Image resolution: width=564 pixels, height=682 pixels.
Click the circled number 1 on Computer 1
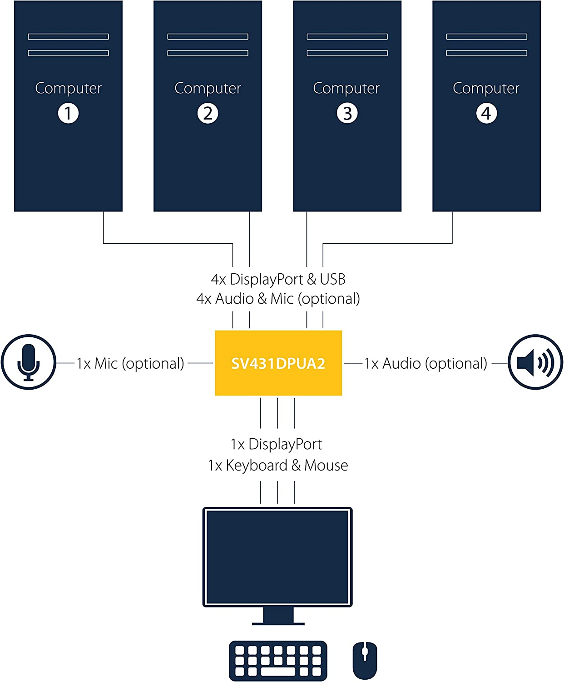(x=68, y=113)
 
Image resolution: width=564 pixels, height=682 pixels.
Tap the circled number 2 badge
(x=208, y=113)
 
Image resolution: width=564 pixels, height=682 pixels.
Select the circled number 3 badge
(x=347, y=113)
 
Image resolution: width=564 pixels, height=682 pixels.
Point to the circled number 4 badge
(x=486, y=113)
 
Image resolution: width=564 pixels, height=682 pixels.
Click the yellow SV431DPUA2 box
(x=278, y=363)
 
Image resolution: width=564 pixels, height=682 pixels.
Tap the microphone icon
(x=28, y=362)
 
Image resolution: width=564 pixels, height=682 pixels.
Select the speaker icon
(x=535, y=362)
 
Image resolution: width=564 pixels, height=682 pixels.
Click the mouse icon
(x=365, y=660)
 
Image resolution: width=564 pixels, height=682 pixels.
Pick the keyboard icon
(x=278, y=661)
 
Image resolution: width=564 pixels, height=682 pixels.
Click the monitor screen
(x=277, y=557)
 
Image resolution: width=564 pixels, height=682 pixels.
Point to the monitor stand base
(x=278, y=623)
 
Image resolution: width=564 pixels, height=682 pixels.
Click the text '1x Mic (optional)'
(x=130, y=363)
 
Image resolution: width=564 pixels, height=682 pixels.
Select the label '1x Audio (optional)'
(x=425, y=363)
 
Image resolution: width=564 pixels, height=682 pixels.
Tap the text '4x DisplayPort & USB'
(x=278, y=279)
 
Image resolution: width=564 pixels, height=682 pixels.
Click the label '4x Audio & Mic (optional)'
(x=278, y=299)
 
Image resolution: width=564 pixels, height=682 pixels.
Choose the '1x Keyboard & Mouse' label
(x=278, y=465)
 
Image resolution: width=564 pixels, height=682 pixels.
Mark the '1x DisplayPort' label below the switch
(x=276, y=444)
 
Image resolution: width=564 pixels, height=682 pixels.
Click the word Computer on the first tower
(x=68, y=88)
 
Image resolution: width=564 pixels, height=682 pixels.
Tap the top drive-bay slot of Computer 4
(x=486, y=36)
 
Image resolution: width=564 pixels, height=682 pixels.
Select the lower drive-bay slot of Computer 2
(x=208, y=53)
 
